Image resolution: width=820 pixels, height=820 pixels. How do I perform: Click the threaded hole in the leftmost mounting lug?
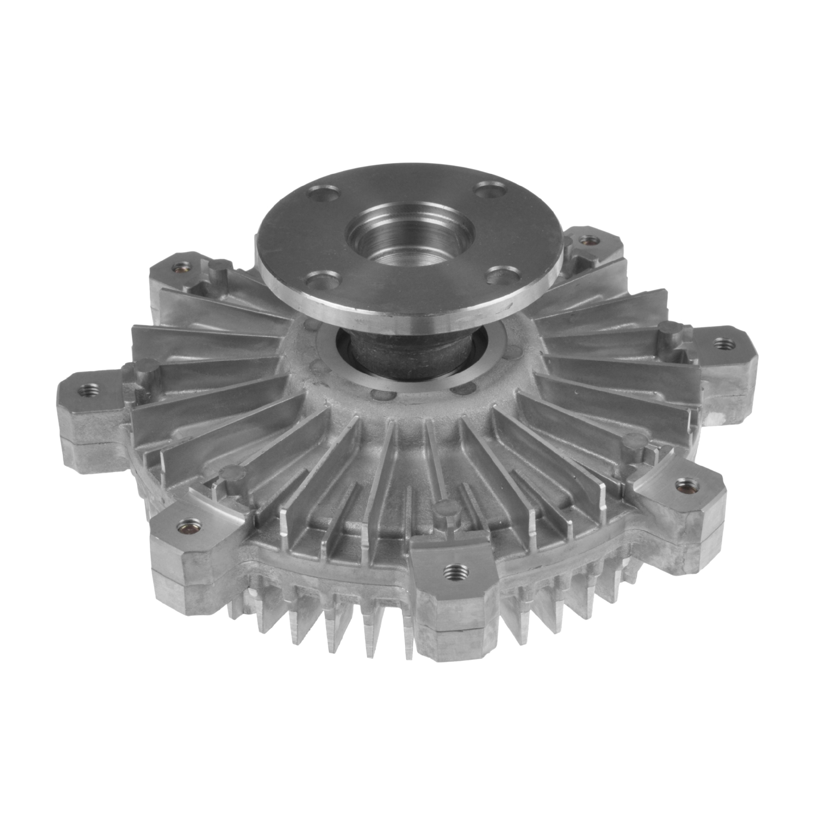(87, 389)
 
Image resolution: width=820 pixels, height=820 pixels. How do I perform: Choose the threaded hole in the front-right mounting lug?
(682, 483)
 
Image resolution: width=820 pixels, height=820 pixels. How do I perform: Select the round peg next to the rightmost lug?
(667, 329)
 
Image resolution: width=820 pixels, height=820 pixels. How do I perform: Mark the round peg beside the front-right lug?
(635, 440)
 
